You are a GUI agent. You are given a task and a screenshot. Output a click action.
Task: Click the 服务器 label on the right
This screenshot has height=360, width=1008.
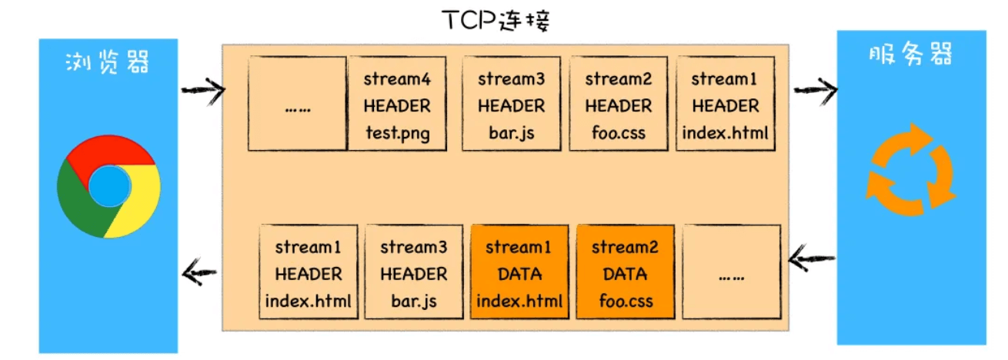pyautogui.click(x=911, y=55)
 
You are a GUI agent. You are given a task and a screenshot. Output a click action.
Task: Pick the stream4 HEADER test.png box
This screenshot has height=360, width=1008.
pyautogui.click(x=396, y=105)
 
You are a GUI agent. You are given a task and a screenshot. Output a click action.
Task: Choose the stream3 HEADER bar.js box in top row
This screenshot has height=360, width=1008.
pyautogui.click(x=511, y=105)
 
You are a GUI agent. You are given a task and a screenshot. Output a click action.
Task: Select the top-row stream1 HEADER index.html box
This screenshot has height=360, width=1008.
pyautogui.click(x=725, y=105)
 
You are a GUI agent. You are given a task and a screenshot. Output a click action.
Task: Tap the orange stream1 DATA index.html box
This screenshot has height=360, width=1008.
pyautogui.click(x=519, y=273)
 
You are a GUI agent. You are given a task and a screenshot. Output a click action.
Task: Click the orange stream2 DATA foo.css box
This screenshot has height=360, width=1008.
pyautogui.click(x=625, y=273)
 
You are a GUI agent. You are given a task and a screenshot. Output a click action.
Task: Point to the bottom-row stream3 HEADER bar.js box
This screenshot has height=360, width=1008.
pyautogui.click(x=413, y=273)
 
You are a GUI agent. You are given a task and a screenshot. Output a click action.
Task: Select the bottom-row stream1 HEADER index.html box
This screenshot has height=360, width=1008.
pyautogui.click(x=308, y=273)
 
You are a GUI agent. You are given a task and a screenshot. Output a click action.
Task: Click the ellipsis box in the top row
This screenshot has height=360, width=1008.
pyautogui.click(x=297, y=105)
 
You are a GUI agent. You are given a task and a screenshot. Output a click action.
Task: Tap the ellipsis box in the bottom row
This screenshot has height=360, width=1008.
pyautogui.click(x=731, y=273)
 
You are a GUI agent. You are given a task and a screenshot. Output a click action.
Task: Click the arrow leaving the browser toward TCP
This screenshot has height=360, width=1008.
pyautogui.click(x=202, y=92)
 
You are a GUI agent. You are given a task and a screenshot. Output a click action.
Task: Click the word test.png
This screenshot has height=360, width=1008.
pyautogui.click(x=396, y=133)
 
